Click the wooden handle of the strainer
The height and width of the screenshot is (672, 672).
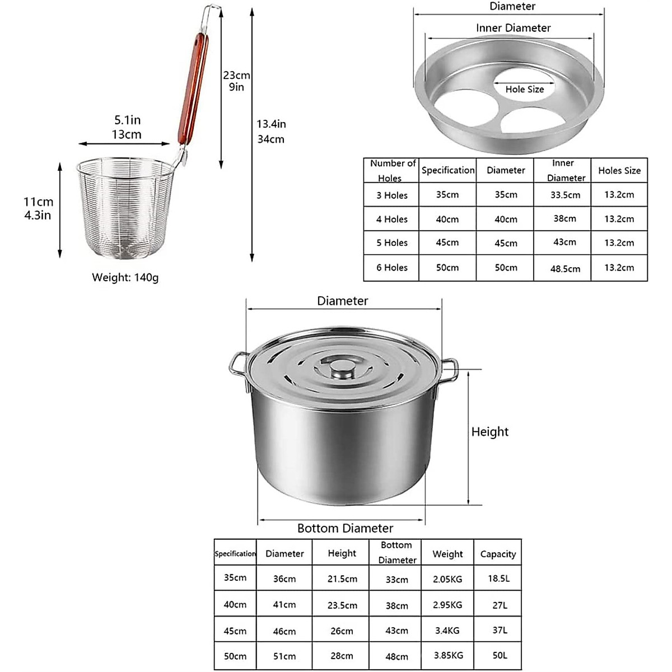[x=193, y=90]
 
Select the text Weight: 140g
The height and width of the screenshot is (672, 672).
[x=125, y=277]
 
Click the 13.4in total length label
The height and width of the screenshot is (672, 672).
[x=271, y=124]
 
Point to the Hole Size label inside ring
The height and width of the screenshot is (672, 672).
[x=524, y=90]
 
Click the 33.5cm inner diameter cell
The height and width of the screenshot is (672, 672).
[x=564, y=195]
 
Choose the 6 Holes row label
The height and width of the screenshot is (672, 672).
[x=392, y=268]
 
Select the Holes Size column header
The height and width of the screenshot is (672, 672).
[x=619, y=170]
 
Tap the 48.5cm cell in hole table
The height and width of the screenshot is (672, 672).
[x=564, y=269]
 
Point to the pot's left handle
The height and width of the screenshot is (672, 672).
[x=237, y=367]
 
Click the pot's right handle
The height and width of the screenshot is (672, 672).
[x=450, y=371]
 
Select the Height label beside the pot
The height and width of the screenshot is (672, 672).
[x=489, y=432]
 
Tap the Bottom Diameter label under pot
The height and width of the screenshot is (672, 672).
[x=345, y=528]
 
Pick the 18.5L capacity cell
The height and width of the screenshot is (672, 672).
[x=497, y=578]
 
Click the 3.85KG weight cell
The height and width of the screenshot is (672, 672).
[x=447, y=655]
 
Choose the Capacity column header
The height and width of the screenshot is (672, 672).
[x=497, y=554]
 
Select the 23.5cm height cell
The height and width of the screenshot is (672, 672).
[x=342, y=605]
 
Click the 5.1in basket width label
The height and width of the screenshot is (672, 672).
[x=127, y=120]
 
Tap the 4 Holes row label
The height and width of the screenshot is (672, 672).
[x=392, y=220]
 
